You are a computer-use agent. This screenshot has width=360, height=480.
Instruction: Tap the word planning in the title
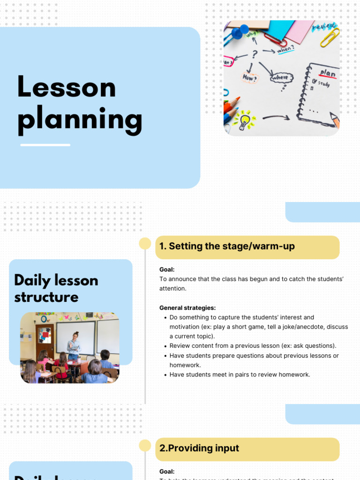pyautogui.click(x=80, y=120)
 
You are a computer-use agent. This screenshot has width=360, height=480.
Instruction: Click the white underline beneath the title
pyautogui.click(x=45, y=145)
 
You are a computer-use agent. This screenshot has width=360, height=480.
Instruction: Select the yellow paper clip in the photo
pyautogui.click(x=330, y=37)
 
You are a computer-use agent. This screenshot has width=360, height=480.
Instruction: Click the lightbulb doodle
pyautogui.click(x=245, y=120)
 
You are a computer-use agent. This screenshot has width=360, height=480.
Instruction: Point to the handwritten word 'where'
pyautogui.click(x=282, y=77)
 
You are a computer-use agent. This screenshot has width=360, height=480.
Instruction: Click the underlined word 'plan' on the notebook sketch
pyautogui.click(x=328, y=74)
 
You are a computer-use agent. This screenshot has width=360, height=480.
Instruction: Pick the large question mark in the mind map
pyautogui.click(x=255, y=54)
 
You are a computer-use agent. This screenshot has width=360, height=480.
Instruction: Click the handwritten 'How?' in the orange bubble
pyautogui.click(x=249, y=77)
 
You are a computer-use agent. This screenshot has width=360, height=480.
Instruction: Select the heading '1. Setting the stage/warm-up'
pyautogui.click(x=227, y=247)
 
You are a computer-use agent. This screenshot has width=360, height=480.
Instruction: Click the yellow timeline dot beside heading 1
pyautogui.click(x=145, y=243)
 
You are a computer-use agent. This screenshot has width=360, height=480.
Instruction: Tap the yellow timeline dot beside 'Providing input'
pyautogui.click(x=145, y=445)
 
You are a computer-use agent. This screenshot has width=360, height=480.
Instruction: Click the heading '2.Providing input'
pyautogui.click(x=199, y=448)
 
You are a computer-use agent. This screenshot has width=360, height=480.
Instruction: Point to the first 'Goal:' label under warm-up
pyautogui.click(x=167, y=270)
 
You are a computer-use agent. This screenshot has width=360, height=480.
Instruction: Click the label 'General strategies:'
pyautogui.click(x=187, y=308)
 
